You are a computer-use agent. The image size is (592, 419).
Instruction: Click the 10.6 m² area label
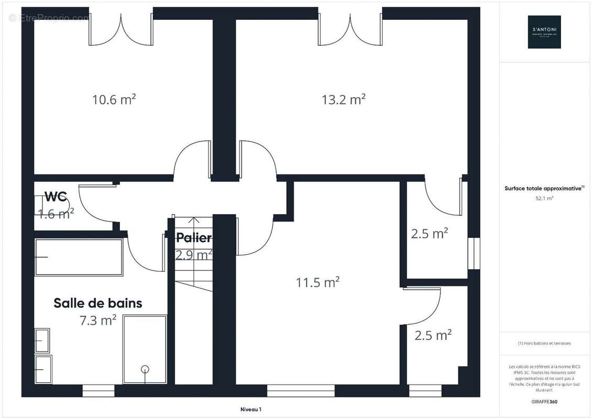(114, 99)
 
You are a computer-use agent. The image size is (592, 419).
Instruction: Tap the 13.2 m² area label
(343, 99)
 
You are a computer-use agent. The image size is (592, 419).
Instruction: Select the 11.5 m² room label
(317, 282)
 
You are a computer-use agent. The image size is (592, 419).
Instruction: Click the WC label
(56, 197)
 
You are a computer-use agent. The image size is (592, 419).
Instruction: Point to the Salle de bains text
(98, 303)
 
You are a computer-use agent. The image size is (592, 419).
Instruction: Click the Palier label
(193, 238)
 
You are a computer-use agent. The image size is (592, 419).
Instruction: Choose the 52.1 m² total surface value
(544, 199)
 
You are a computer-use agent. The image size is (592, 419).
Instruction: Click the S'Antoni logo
(544, 32)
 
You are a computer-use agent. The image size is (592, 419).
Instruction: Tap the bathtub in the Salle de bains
(79, 257)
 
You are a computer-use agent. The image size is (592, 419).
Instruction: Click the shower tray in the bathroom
(145, 349)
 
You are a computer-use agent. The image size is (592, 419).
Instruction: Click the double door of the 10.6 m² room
(121, 30)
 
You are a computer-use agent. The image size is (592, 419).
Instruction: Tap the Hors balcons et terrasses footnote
(544, 344)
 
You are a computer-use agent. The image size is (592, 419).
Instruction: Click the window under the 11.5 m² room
(301, 391)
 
